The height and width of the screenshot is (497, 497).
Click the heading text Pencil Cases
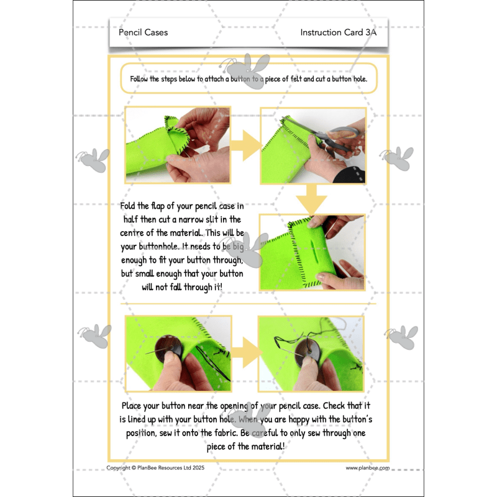pos(143,32)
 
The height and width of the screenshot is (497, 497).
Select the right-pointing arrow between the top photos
pos(245,144)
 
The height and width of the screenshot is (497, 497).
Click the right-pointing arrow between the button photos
pos(245,351)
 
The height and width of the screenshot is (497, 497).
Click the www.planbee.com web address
pos(367,468)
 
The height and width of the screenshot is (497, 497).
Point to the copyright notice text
pos(155,468)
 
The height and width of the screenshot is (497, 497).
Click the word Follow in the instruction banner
pos(141,79)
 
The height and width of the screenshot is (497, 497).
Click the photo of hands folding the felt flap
pos(178,144)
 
